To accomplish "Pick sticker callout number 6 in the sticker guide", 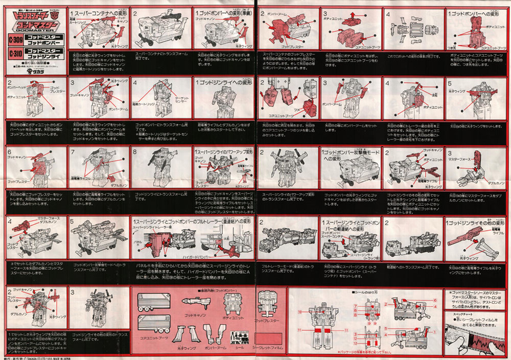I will pyautogui.click(x=435, y=300).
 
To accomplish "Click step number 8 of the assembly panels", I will pyautogui.click(x=135, y=152).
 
